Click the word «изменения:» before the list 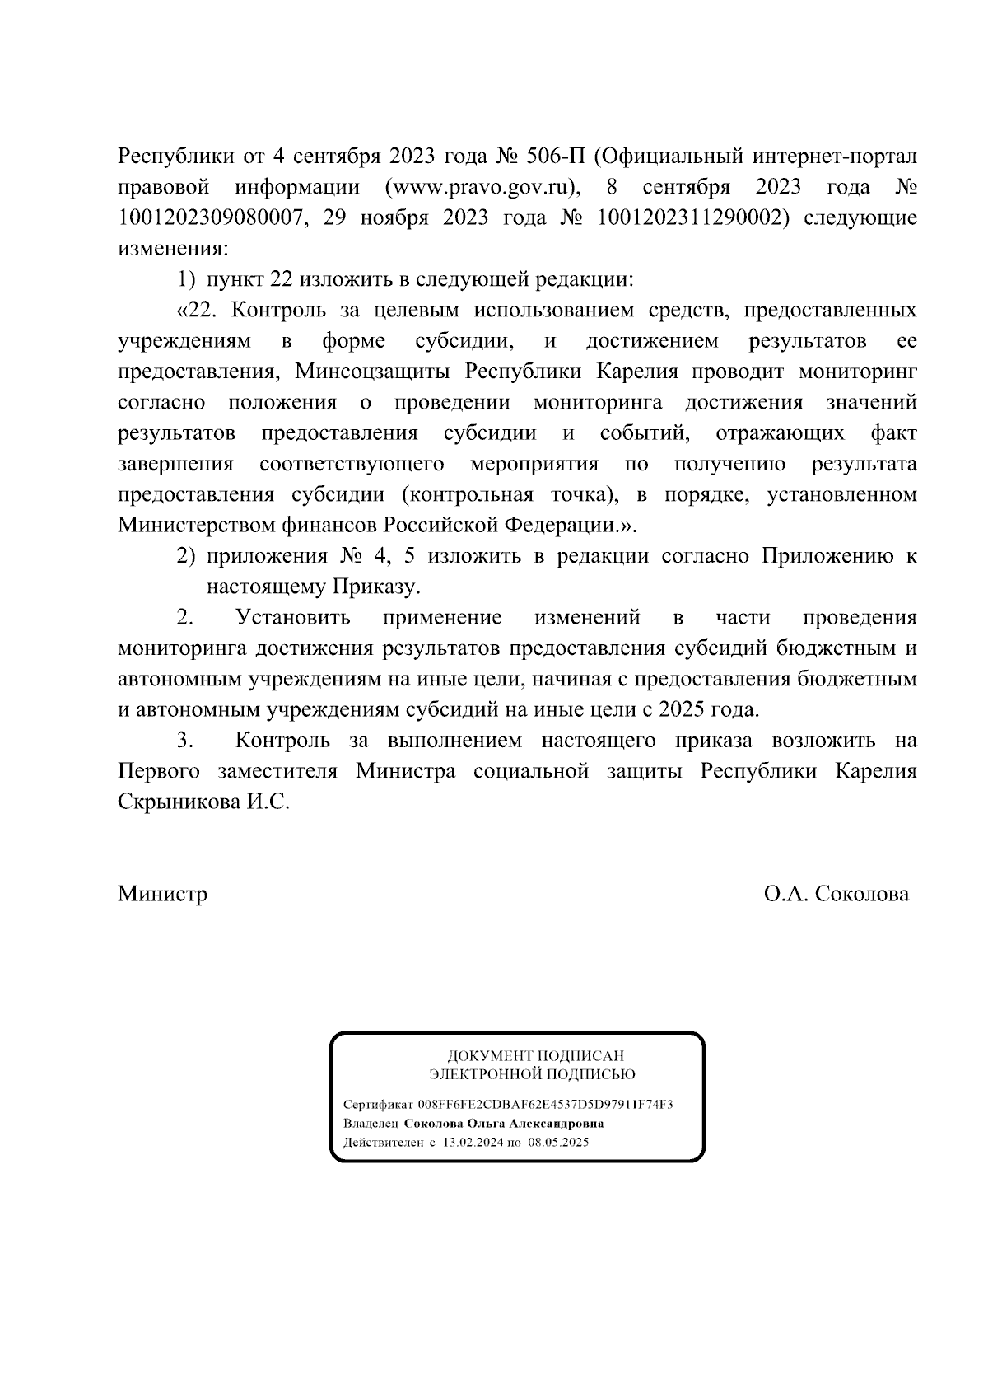pos(173,249)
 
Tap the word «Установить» pos(293,618)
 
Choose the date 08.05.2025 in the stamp pos(558,1143)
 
